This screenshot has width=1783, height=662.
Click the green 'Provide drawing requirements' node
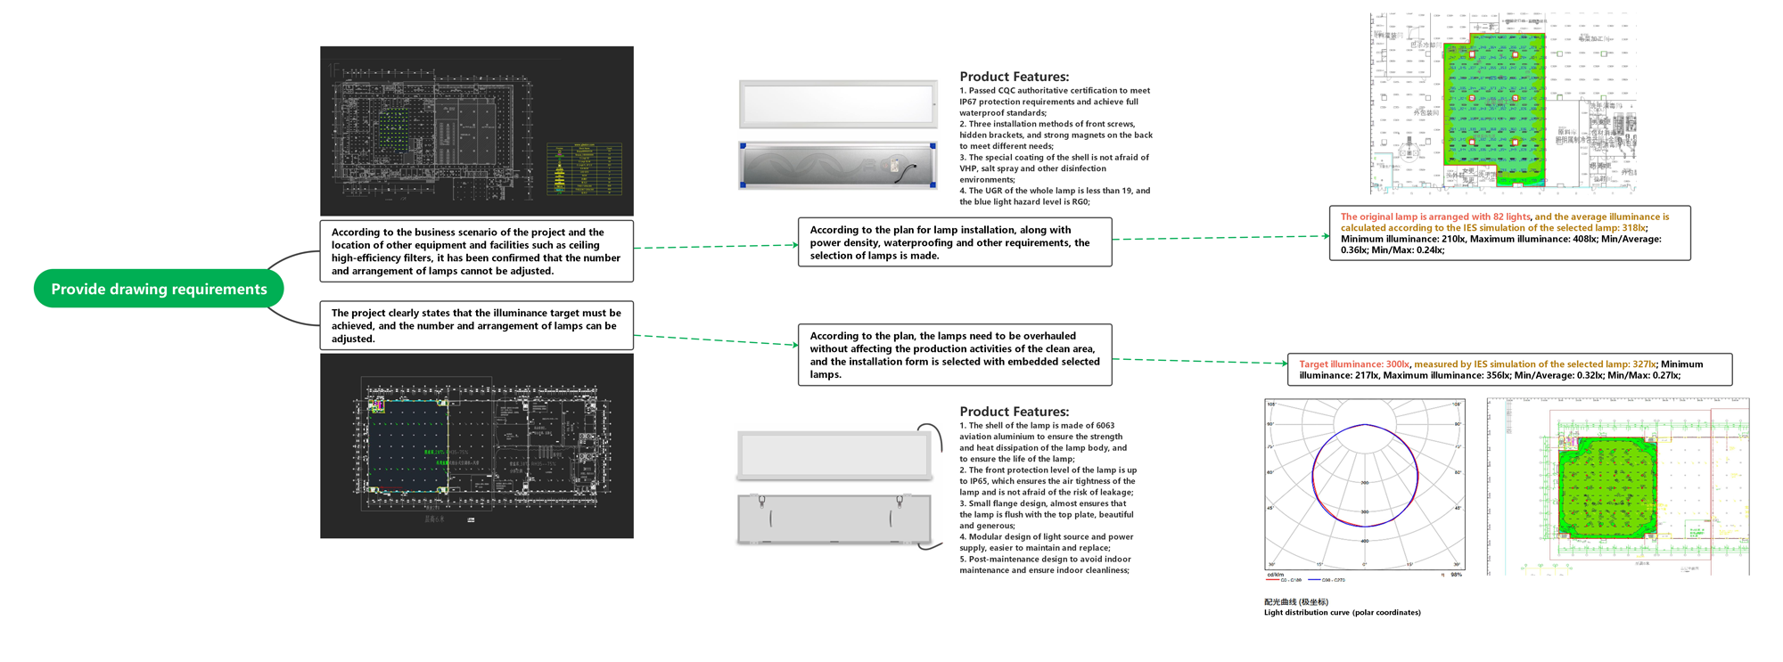159,289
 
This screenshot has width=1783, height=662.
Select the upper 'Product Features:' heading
1014,77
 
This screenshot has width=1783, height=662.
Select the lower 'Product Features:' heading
1014,412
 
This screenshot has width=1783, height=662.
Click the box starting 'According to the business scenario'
476,251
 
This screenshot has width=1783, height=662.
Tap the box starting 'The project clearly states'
476,325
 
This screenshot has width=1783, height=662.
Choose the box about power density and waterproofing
954,242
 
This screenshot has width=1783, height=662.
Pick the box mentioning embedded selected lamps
954,355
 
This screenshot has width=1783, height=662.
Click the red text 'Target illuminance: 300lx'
1353,364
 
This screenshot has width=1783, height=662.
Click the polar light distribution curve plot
1364,485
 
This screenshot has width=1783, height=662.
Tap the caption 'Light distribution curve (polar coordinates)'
1342,613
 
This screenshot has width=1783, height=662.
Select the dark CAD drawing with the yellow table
476,131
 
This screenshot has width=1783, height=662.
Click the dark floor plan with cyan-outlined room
476,445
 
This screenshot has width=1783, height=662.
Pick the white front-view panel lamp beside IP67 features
837,103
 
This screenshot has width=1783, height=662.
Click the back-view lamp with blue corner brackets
837,166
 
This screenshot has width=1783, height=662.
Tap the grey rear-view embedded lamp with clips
834,518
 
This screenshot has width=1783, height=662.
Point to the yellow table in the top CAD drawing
584,168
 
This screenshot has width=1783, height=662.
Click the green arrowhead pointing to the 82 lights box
1326,236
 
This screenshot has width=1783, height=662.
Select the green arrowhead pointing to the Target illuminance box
1284,363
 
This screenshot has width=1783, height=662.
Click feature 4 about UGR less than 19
1055,196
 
